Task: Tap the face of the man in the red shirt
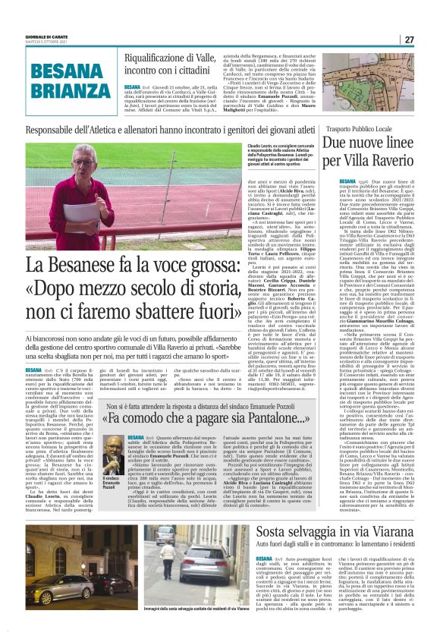[82, 170]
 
